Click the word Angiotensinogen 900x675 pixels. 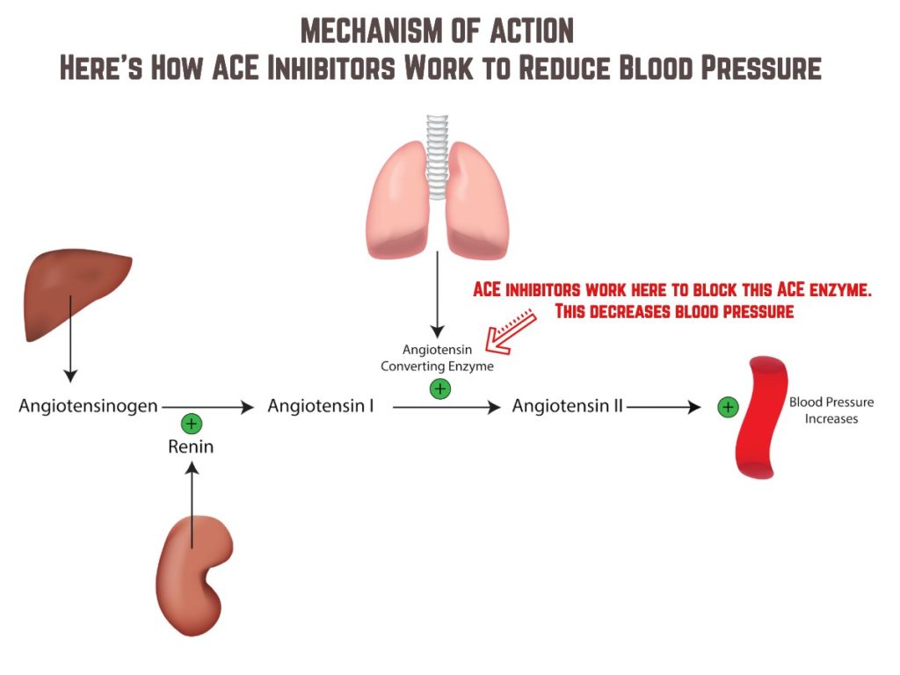point(88,407)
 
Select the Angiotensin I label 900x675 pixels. point(320,407)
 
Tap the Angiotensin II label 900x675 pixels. point(568,407)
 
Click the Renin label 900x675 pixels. point(191,447)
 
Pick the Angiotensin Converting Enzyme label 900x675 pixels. point(437,358)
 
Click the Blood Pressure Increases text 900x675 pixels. point(831,410)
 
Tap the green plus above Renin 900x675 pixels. point(192,425)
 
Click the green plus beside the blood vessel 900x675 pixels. point(727,407)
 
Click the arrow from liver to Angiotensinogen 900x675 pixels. point(70,360)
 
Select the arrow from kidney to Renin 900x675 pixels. point(192,501)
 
